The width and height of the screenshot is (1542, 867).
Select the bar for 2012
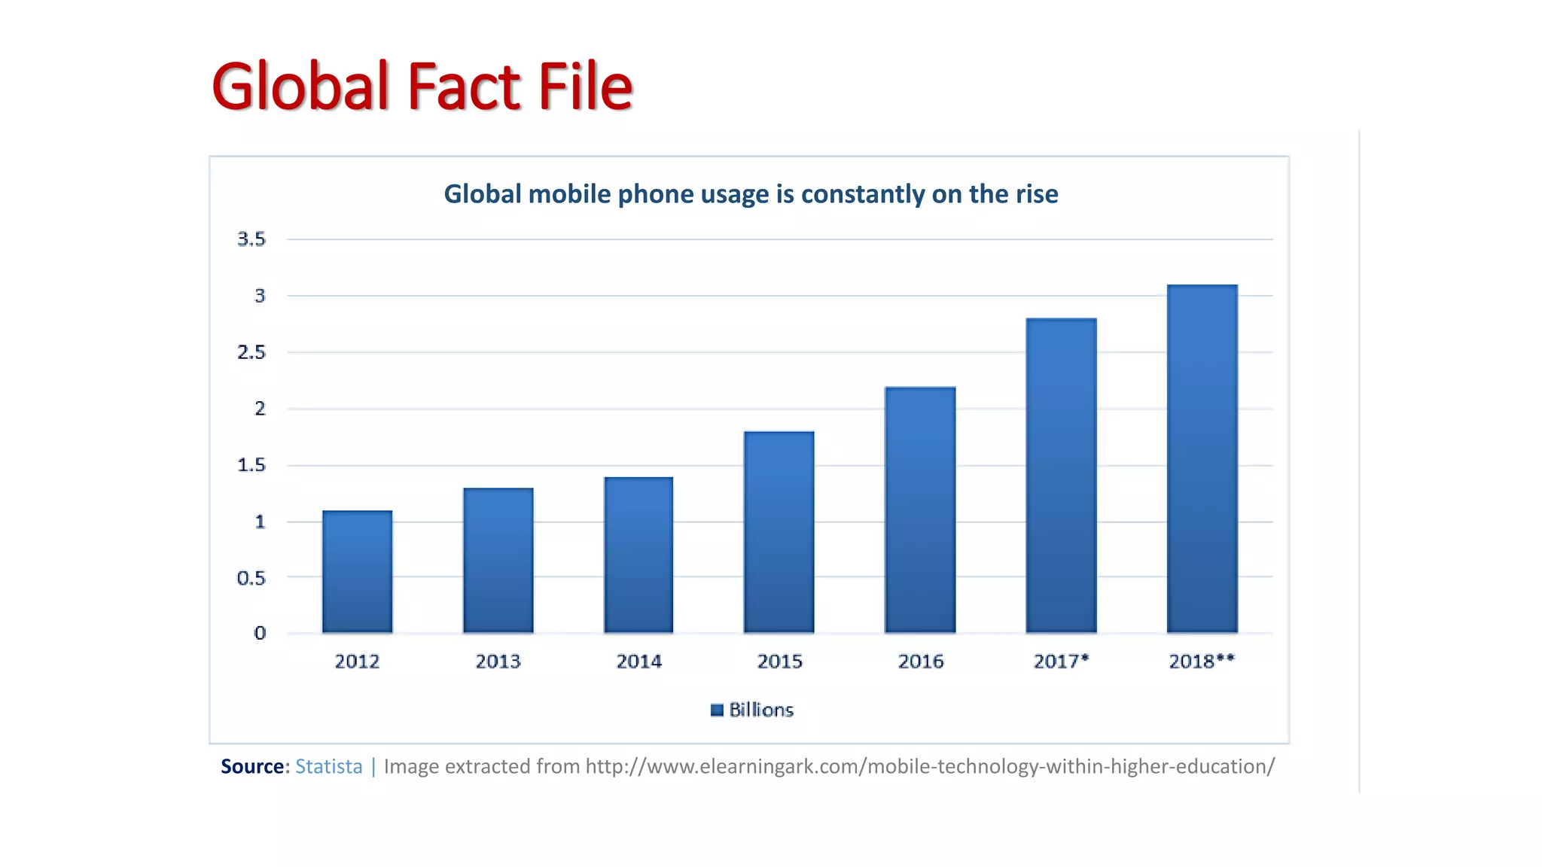[x=357, y=572]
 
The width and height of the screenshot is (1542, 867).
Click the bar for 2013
[x=498, y=561]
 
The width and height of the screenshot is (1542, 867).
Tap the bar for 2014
[x=638, y=555]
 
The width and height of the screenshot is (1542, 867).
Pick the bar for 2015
[x=779, y=532]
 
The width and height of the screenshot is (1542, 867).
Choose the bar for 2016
[x=920, y=510]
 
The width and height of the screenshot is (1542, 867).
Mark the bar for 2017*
[x=1061, y=476]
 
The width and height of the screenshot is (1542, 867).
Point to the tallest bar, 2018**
[x=1202, y=459]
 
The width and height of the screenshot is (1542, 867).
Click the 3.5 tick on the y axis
[x=251, y=239]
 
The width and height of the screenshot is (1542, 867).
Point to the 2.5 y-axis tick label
[x=251, y=352]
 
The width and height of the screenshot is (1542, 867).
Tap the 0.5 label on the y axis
[x=251, y=578]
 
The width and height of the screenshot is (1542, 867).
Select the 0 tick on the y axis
[x=260, y=633]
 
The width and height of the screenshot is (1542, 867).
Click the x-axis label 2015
[x=779, y=662]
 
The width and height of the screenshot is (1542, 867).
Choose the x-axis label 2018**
[x=1202, y=662]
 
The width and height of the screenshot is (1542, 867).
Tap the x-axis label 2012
[x=357, y=662]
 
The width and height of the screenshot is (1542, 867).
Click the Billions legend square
[x=717, y=710]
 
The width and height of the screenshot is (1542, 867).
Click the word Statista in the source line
[x=328, y=766]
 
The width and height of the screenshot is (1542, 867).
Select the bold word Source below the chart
[x=252, y=766]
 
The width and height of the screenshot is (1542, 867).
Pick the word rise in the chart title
[x=1037, y=194]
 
